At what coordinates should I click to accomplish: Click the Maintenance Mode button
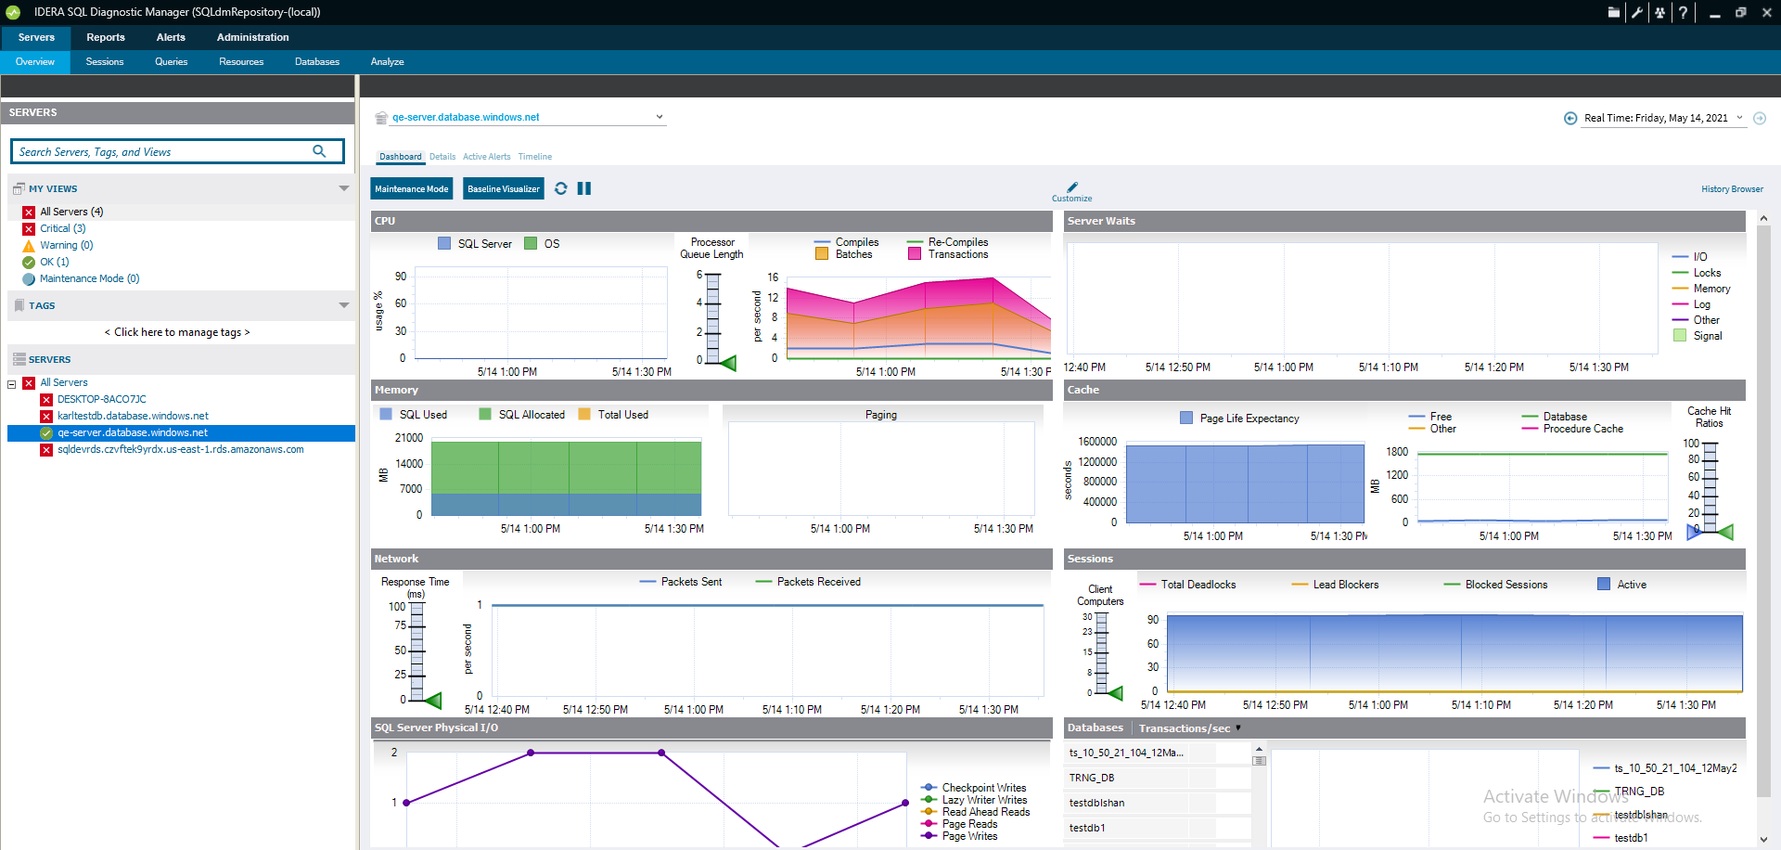point(411,189)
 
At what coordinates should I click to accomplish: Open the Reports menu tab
point(106,38)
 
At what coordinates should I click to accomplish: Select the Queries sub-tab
point(171,62)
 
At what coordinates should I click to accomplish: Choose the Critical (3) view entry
point(62,228)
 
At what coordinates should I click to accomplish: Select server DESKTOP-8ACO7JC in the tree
point(101,399)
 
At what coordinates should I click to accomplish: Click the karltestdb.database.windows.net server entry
point(133,416)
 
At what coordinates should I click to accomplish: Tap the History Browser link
point(1731,189)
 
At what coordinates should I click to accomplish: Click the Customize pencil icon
point(1072,187)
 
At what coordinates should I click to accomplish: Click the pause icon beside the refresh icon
point(584,188)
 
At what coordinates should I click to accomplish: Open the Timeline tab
point(534,157)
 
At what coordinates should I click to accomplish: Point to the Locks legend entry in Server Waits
point(1706,273)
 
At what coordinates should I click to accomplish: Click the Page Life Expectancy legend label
point(1249,419)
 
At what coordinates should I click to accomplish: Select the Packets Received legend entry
point(818,582)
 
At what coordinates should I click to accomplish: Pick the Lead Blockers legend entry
point(1345,585)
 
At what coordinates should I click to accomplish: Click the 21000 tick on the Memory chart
point(408,438)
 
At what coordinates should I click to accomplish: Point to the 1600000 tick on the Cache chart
point(1096,442)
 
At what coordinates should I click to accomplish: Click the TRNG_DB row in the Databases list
point(1092,778)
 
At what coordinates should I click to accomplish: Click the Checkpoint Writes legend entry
point(983,788)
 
